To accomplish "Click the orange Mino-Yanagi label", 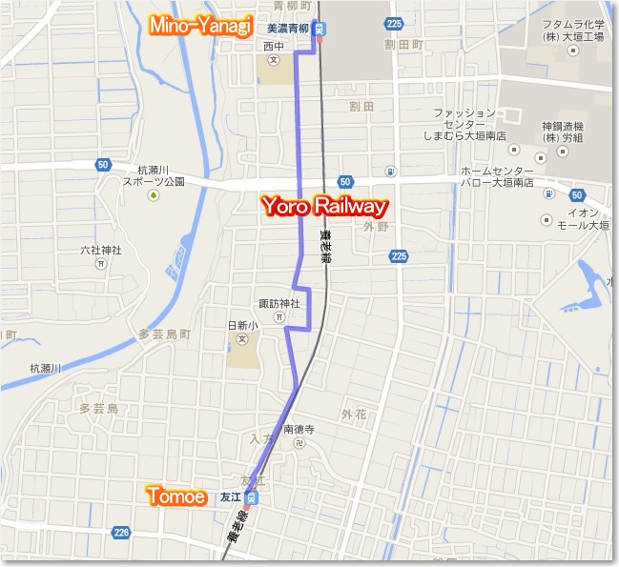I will (x=199, y=25).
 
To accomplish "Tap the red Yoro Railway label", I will (x=325, y=205).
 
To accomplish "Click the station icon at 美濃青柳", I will (x=322, y=28).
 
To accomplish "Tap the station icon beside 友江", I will (x=251, y=496).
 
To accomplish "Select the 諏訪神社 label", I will (x=279, y=304).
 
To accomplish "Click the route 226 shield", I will (x=120, y=532).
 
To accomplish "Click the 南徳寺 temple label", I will (x=299, y=430).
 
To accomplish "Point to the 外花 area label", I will (x=354, y=414).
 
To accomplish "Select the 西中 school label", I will (x=275, y=45).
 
